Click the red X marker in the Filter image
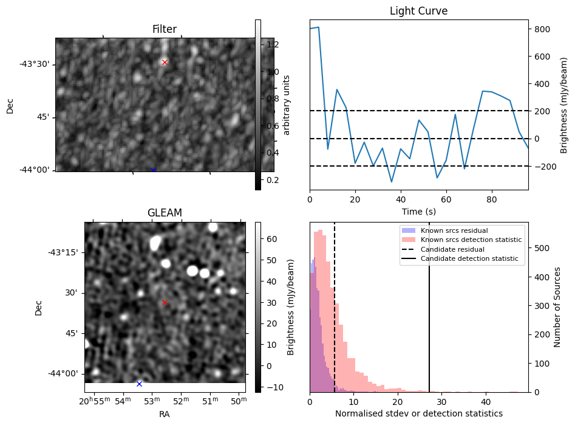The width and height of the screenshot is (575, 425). pyautogui.click(x=165, y=62)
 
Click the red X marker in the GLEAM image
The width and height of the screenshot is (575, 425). pyautogui.click(x=165, y=302)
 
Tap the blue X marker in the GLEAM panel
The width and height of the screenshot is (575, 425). pyautogui.click(x=139, y=384)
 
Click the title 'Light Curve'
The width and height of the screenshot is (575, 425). pyautogui.click(x=418, y=11)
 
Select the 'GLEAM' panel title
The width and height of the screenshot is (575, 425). pyautogui.click(x=165, y=213)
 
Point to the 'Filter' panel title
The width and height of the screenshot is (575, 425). pyautogui.click(x=165, y=29)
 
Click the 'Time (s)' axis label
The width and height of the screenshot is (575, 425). pyautogui.click(x=418, y=212)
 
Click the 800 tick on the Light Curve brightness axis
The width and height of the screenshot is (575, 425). pyautogui.click(x=542, y=29)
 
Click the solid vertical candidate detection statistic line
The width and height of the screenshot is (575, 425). pyautogui.click(x=429, y=316)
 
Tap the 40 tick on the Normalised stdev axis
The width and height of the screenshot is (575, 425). pyautogui.click(x=486, y=402)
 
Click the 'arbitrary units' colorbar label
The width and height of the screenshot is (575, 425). pyautogui.click(x=287, y=105)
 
